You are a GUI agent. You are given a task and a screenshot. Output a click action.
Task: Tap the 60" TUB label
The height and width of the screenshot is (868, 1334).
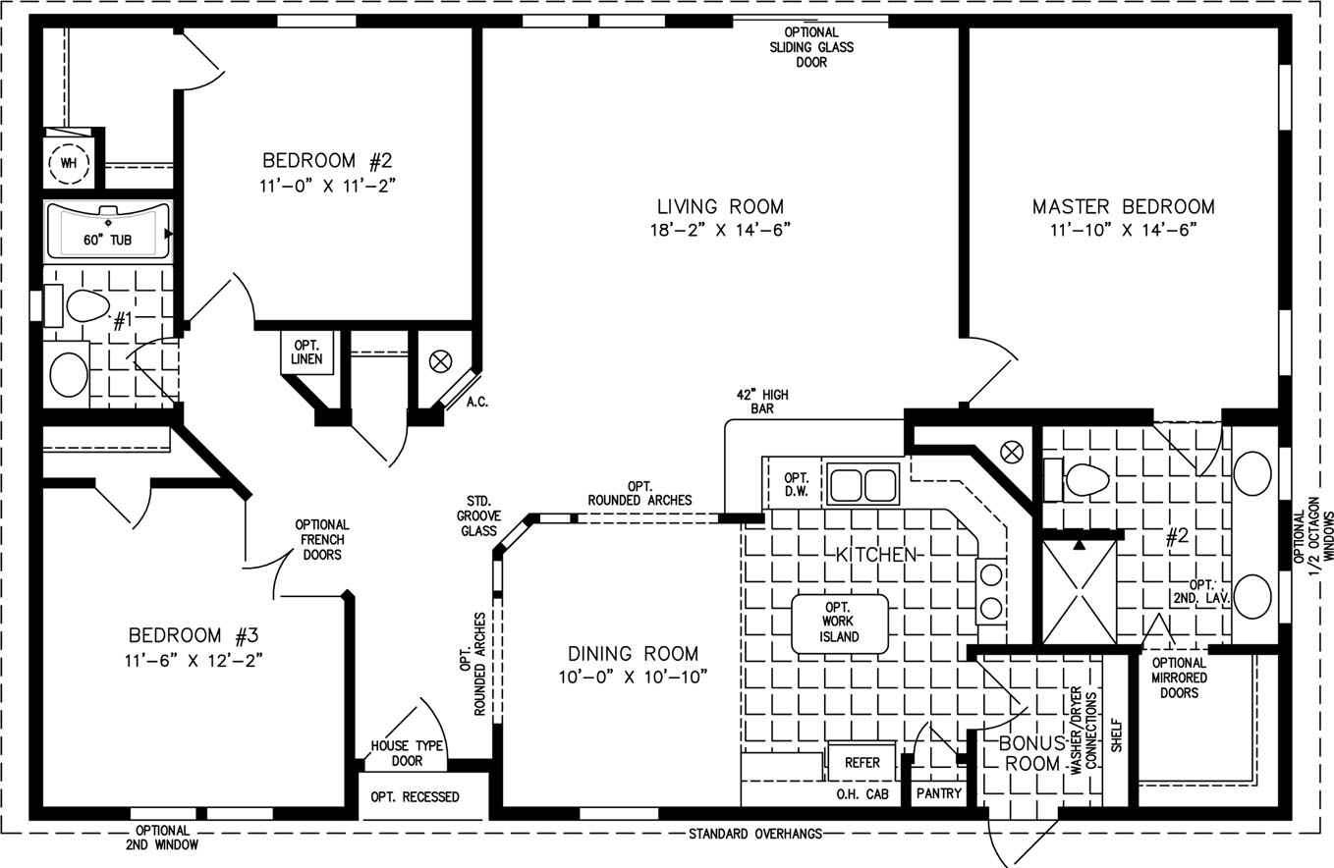pos(107,240)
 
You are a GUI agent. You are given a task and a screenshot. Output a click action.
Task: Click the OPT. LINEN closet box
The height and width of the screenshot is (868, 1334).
pos(306,353)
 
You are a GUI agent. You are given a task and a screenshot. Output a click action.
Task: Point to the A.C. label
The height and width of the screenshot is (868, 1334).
pos(477,402)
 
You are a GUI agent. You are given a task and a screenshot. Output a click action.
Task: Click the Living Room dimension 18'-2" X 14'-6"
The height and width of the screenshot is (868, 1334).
pos(720,230)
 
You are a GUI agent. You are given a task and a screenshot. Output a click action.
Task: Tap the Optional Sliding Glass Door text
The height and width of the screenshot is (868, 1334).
pos(811,47)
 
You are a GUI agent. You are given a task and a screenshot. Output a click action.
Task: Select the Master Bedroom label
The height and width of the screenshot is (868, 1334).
pos(1123,206)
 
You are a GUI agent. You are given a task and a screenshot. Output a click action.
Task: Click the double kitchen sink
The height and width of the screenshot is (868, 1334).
pos(862,485)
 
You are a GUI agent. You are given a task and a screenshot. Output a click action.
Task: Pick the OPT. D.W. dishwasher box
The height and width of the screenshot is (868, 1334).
pos(796,485)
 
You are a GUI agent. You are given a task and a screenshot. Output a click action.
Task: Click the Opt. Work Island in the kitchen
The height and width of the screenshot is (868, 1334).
pos(840,624)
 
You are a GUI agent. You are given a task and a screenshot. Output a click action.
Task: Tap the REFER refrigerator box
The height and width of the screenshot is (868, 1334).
pos(862,762)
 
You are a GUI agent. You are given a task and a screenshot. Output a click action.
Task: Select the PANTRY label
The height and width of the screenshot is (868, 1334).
pos(938,793)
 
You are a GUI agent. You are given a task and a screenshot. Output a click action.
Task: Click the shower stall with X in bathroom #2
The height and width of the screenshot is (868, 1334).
pos(1080,592)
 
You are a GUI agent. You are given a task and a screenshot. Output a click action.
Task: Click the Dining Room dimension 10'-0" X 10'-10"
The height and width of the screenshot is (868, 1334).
pos(633,677)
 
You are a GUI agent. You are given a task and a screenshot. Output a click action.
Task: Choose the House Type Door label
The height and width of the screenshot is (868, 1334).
pos(407,753)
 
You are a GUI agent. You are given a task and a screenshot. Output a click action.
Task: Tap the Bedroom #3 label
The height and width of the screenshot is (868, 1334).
pos(194,635)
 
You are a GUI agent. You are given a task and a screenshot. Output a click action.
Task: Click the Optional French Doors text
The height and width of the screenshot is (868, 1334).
pos(321,539)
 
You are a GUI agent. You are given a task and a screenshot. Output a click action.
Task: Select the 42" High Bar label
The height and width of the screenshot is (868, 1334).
pos(762,402)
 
